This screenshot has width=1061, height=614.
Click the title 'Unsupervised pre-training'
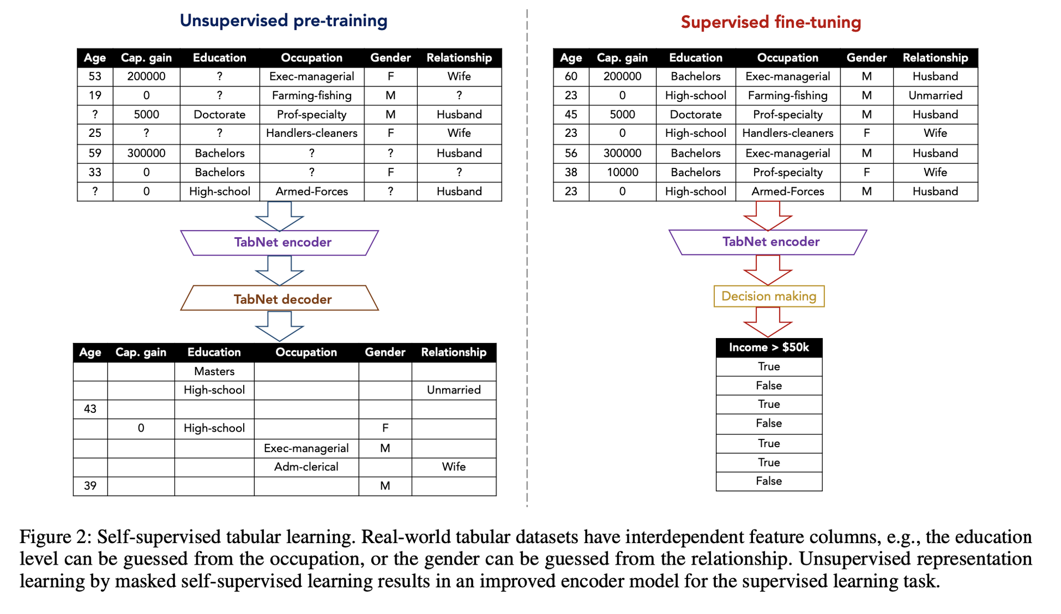pyautogui.click(x=283, y=21)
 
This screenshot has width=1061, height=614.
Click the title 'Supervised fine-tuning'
pyautogui.click(x=771, y=22)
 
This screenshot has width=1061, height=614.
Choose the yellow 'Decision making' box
pyautogui.click(x=769, y=296)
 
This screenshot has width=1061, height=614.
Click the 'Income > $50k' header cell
pyautogui.click(x=769, y=347)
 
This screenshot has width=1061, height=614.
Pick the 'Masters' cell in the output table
pyautogui.click(x=214, y=371)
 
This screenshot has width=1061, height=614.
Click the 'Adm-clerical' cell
pyautogui.click(x=306, y=467)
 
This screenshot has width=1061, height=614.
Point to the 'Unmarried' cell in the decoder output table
pyautogui.click(x=454, y=390)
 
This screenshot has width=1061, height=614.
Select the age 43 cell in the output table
pyautogui.click(x=90, y=409)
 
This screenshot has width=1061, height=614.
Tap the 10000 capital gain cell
pyautogui.click(x=622, y=172)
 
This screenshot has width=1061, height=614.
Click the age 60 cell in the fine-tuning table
pyautogui.click(x=571, y=76)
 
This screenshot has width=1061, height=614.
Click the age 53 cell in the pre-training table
pyautogui.click(x=95, y=76)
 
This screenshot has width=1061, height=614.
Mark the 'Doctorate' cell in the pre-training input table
pyautogui.click(x=219, y=115)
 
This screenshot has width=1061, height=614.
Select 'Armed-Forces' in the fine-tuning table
pyautogui.click(x=787, y=191)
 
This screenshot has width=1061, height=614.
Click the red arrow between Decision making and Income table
pyautogui.click(x=768, y=322)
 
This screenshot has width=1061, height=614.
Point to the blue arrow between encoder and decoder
pyautogui.click(x=280, y=270)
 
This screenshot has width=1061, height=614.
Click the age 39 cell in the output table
pyautogui.click(x=90, y=486)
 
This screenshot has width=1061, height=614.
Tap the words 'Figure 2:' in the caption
pyautogui.click(x=55, y=537)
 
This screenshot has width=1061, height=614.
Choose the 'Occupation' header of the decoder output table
pyautogui.click(x=306, y=352)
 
